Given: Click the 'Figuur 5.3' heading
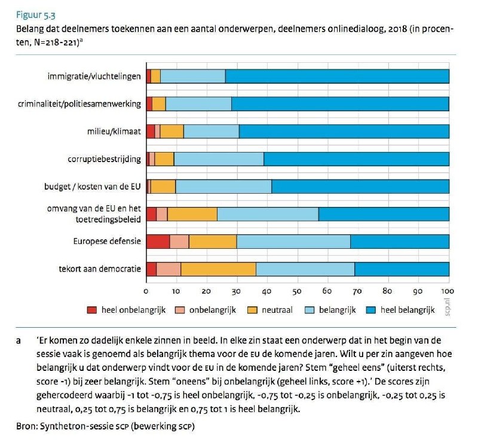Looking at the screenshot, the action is (x=36, y=15).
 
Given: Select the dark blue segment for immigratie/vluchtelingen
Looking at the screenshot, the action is (x=337, y=77).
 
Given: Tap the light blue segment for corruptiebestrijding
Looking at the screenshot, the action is (x=219, y=159).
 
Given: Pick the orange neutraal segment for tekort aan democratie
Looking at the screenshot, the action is (x=218, y=269).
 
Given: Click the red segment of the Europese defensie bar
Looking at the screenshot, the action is (x=158, y=242).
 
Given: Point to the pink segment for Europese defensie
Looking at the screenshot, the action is (x=179, y=242).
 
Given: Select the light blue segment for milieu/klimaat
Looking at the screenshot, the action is (x=212, y=132).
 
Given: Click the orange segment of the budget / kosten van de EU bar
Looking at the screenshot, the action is (x=163, y=187).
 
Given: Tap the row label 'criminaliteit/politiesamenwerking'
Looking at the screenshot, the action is (x=79, y=104).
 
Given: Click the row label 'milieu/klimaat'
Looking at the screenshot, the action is (x=114, y=132).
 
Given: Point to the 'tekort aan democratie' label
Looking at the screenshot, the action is (x=100, y=269).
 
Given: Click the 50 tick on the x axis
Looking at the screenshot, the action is (x=297, y=291).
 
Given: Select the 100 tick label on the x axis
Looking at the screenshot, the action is (x=447, y=291).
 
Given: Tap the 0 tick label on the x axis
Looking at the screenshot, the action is (x=146, y=291).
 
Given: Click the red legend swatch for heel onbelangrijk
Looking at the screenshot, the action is (x=92, y=310).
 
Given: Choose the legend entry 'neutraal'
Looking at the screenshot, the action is (x=270, y=310).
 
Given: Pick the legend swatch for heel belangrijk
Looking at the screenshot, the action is (x=370, y=310).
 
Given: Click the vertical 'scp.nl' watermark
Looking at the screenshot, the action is (x=447, y=307).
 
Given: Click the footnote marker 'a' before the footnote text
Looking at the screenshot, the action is (x=19, y=341).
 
